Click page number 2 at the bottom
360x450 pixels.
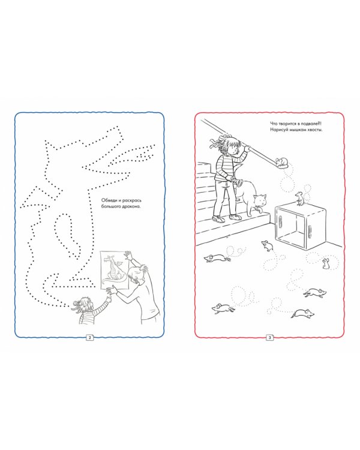(89, 337)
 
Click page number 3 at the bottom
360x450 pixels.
(269, 337)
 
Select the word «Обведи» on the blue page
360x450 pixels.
(108, 200)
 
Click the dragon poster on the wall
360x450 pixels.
(115, 271)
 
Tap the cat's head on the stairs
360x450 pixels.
(260, 200)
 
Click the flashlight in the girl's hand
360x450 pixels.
(237, 181)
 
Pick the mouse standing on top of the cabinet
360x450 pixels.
(300, 199)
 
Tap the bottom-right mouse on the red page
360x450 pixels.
(303, 314)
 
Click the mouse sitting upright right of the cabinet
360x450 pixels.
(325, 263)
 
